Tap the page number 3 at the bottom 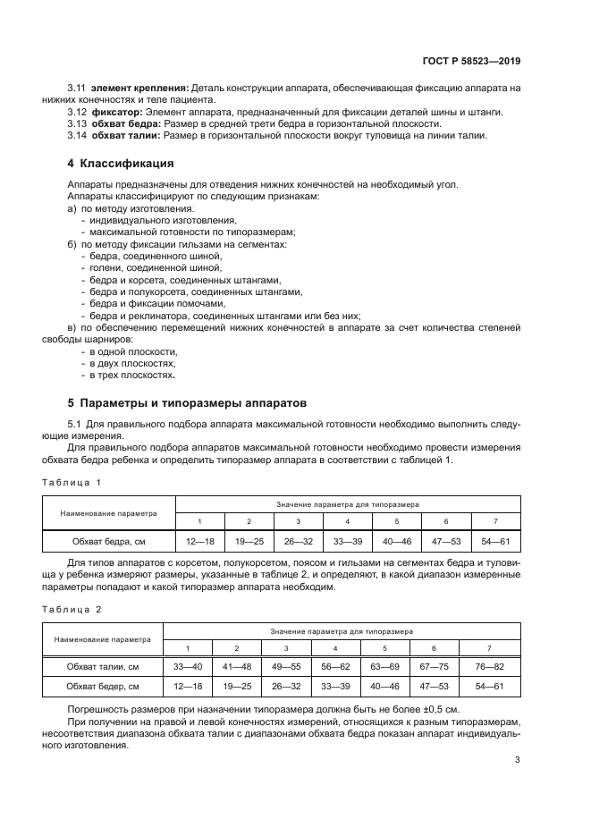click(517, 760)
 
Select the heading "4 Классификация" click(121, 164)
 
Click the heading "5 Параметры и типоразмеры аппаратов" click(187, 402)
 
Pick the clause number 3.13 click(76, 123)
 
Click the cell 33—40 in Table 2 click(188, 667)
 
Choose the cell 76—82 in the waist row click(489, 667)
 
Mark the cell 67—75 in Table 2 click(434, 667)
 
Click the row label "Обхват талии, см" click(102, 667)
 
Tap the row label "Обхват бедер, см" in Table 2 click(102, 687)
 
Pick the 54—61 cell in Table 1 click(494, 541)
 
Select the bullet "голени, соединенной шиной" click(155, 267)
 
